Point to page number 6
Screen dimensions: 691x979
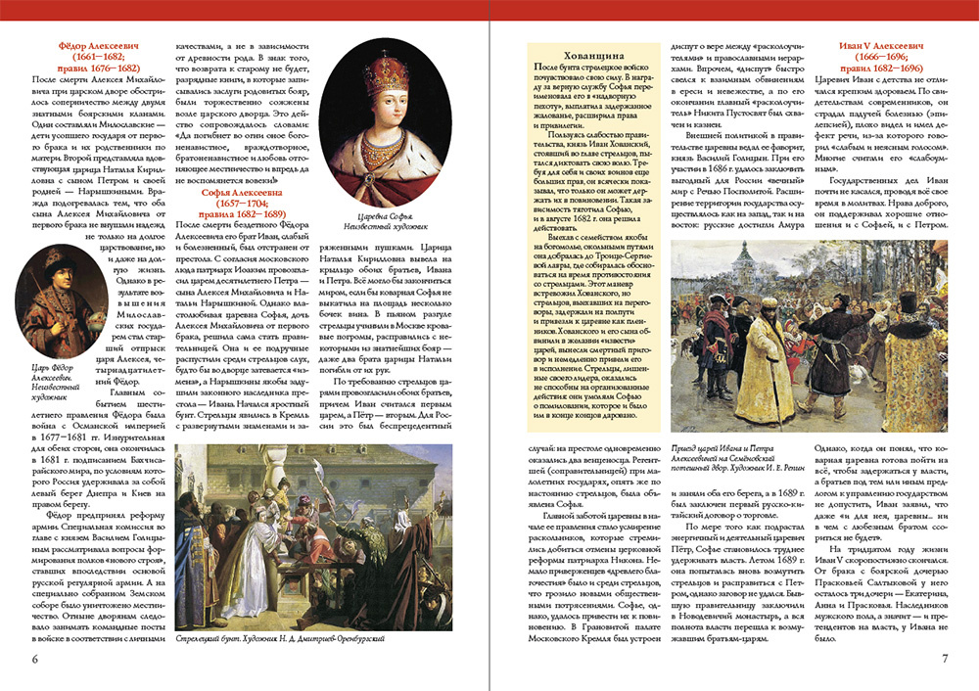tap(35, 658)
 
